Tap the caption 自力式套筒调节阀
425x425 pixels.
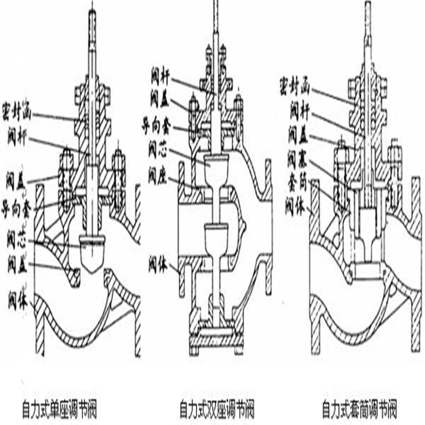click(360, 410)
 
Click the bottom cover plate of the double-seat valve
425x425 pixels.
click(217, 335)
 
